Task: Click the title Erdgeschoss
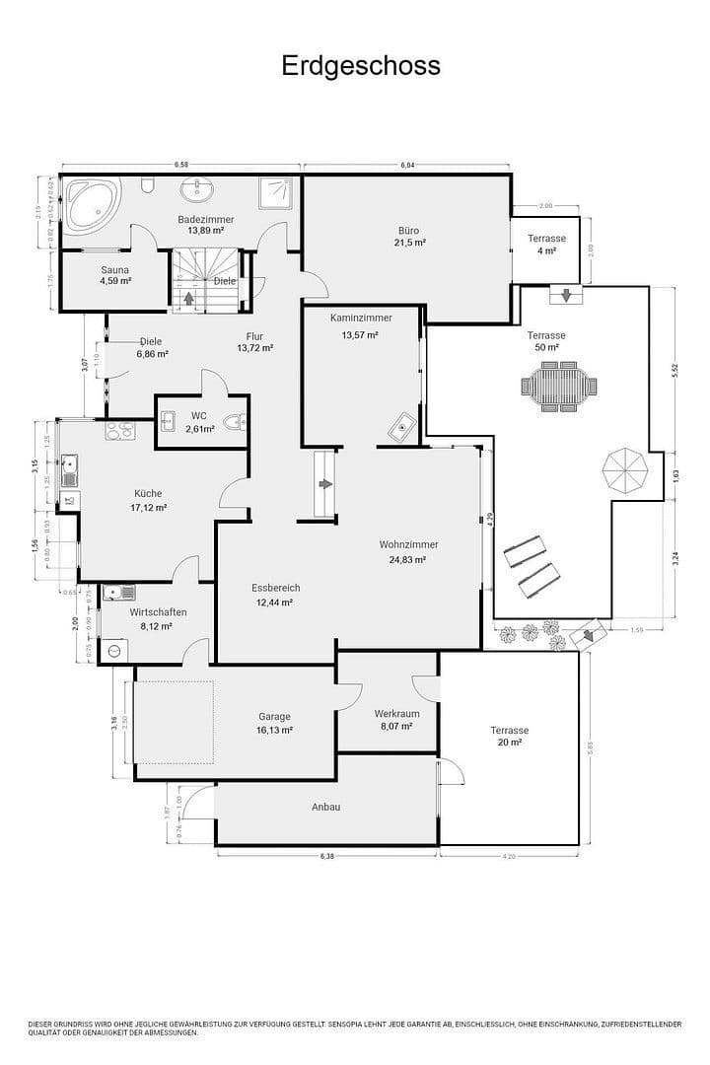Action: tap(361, 66)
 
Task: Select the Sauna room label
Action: tap(114, 269)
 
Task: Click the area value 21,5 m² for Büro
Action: tap(409, 243)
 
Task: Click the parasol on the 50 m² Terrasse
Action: tap(625, 472)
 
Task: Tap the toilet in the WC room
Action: tap(234, 423)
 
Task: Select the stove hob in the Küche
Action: tap(119, 430)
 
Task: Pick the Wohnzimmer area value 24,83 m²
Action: tap(408, 559)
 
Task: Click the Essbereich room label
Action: tap(275, 588)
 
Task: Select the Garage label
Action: tap(274, 717)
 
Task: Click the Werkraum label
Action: tap(397, 713)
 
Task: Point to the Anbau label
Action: tap(326, 807)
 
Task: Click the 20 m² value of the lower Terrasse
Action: tap(510, 743)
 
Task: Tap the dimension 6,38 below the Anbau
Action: tap(327, 856)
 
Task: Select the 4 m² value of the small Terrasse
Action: tap(546, 251)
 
